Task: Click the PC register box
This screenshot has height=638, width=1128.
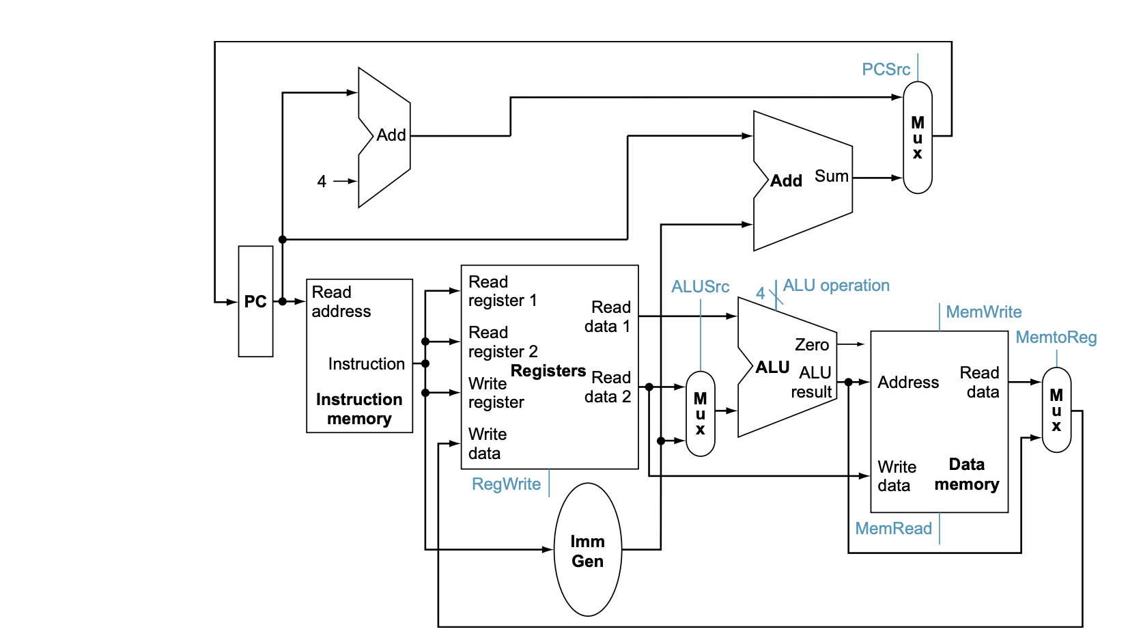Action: tap(255, 301)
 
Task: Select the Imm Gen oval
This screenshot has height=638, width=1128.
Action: tap(588, 551)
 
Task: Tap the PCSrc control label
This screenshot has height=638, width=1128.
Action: tap(886, 70)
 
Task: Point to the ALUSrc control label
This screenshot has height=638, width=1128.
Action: tap(700, 287)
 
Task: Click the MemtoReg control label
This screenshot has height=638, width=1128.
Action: tap(1056, 337)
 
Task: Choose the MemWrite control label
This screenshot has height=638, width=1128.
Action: tap(983, 312)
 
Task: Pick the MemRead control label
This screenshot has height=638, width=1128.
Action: tap(893, 529)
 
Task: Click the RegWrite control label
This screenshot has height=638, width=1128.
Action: tap(506, 484)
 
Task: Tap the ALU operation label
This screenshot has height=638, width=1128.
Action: tap(836, 286)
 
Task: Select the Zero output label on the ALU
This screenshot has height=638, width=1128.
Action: tap(812, 345)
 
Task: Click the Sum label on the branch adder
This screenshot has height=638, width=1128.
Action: tap(831, 176)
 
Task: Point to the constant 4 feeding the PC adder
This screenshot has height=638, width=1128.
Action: tap(322, 182)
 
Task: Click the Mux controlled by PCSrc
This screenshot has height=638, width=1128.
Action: tap(917, 138)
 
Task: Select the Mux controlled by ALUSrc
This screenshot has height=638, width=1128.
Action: tap(700, 414)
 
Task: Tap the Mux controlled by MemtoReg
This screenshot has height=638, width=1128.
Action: tap(1056, 410)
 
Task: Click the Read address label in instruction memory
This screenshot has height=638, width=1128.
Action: tap(341, 302)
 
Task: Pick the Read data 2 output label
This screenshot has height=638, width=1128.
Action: tap(608, 387)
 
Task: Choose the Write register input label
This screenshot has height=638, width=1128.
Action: tap(496, 393)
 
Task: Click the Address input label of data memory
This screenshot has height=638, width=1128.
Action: tap(908, 383)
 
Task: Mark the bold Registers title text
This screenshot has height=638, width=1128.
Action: tap(548, 371)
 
